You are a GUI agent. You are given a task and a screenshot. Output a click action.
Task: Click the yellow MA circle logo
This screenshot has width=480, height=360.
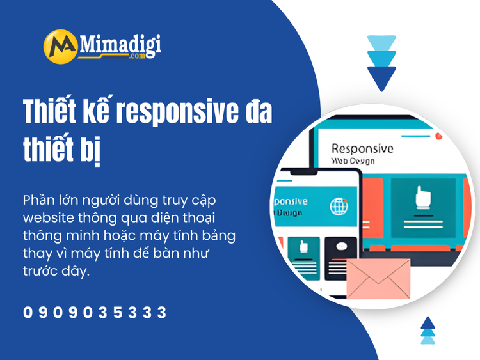pyautogui.click(x=61, y=47)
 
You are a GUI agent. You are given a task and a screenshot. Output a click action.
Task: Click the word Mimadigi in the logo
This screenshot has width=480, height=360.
pyautogui.click(x=120, y=44)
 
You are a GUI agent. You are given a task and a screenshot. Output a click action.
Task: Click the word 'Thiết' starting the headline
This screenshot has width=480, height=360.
pyautogui.click(x=53, y=113)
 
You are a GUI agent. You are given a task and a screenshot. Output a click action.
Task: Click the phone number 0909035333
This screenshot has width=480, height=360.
pyautogui.click(x=95, y=313)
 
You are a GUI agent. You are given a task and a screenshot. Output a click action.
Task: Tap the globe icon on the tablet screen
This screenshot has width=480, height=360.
pyautogui.click(x=339, y=206)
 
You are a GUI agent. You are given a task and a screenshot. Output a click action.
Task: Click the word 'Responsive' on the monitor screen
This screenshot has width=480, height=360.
pyautogui.click(x=362, y=148)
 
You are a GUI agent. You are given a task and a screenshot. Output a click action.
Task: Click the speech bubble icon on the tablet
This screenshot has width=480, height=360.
pyautogui.click(x=341, y=246)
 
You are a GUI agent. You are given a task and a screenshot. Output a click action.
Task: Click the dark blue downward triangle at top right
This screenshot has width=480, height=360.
pyautogui.click(x=382, y=77)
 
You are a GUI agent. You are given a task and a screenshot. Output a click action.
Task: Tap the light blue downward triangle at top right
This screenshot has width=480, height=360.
pyautogui.click(x=382, y=43)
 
